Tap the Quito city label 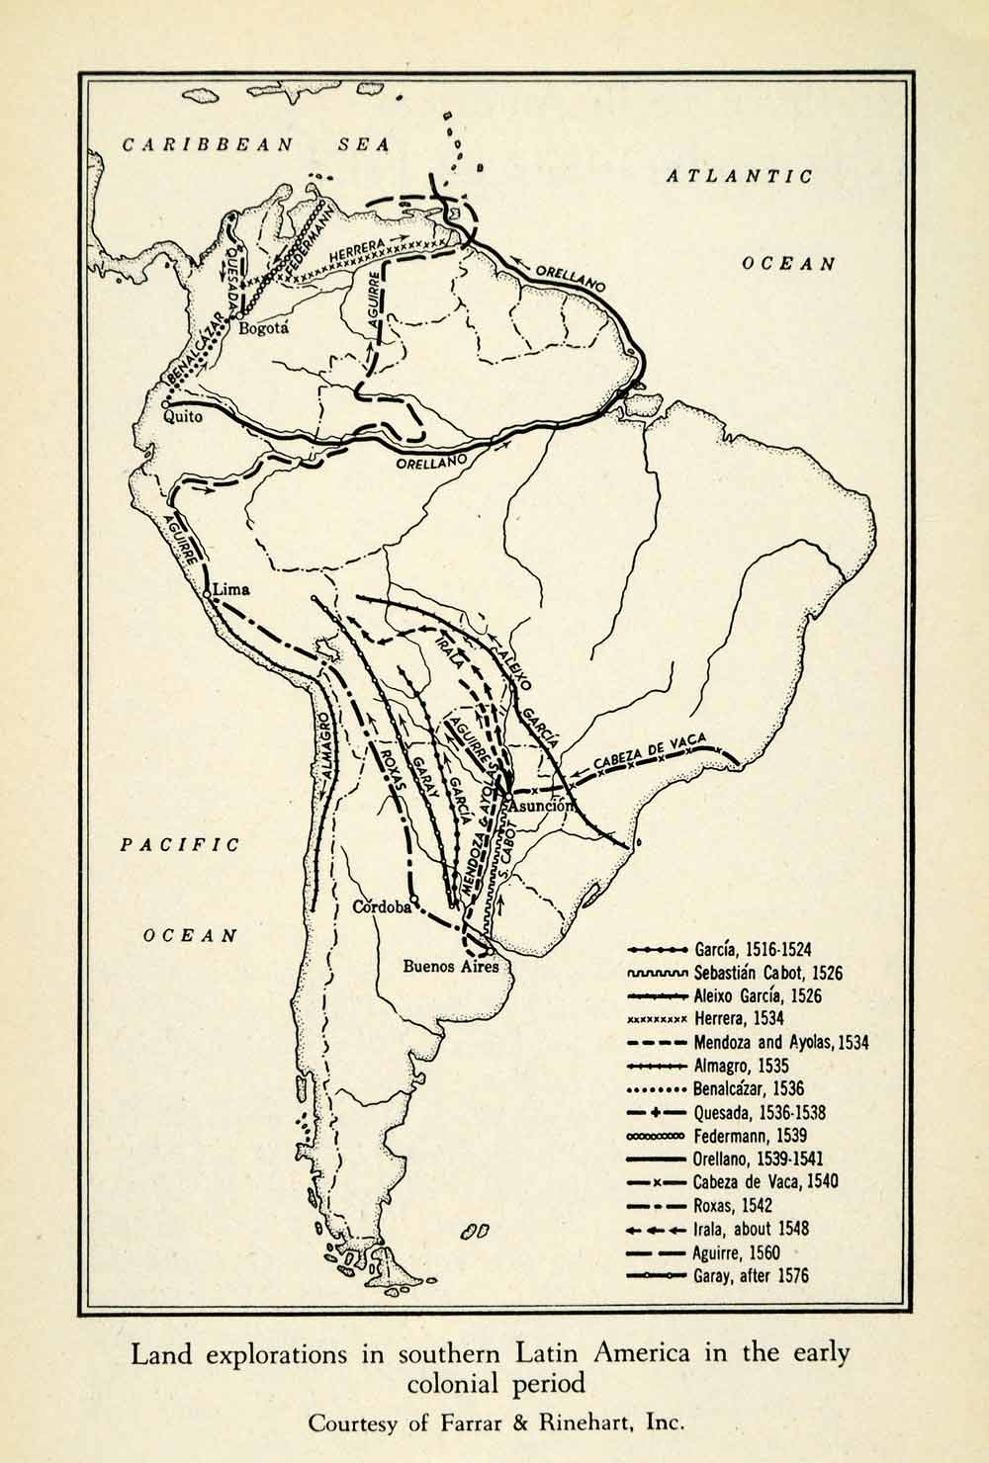[184, 417]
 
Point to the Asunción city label [541, 805]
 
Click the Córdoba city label [382, 907]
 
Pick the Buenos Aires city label [451, 967]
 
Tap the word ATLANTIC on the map [739, 177]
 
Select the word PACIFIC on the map [180, 844]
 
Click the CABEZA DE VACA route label [654, 756]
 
